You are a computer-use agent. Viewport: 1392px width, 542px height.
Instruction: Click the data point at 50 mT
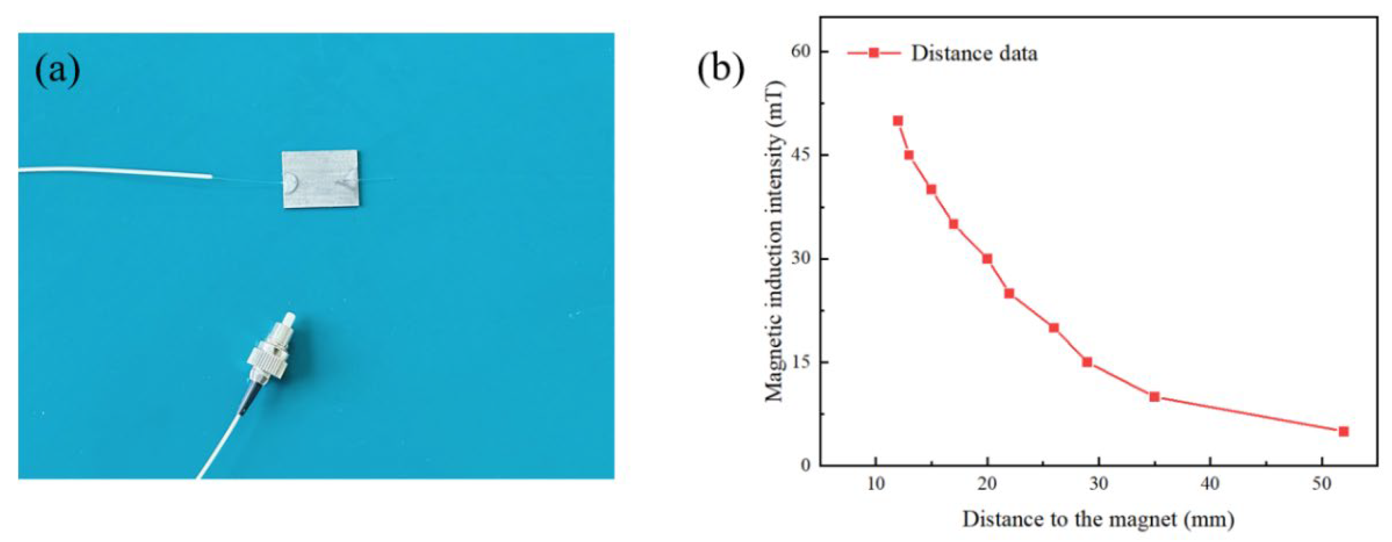(x=898, y=121)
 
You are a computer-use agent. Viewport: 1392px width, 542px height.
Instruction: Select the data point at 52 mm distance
(x=1343, y=431)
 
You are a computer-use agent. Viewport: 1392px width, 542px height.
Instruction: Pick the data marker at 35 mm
(x=1154, y=397)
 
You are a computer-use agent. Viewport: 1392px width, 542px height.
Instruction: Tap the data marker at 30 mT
(x=987, y=259)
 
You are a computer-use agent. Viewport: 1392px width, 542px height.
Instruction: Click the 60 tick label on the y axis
(x=802, y=51)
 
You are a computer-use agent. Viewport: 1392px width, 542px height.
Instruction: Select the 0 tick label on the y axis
(x=807, y=465)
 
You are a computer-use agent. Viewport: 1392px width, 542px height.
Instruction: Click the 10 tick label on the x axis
(x=875, y=484)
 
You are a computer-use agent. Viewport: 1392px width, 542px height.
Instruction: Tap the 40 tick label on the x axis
(x=1210, y=484)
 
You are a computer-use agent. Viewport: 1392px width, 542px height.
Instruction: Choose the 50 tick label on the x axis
(x=1322, y=484)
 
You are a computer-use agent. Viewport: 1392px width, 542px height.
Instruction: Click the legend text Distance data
(x=974, y=53)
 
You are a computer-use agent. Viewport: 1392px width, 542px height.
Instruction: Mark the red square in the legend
(x=873, y=53)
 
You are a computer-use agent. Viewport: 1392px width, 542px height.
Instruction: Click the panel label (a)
(x=57, y=71)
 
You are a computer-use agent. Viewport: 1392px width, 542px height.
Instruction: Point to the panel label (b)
(x=721, y=69)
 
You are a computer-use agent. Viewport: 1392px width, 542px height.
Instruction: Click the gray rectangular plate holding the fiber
(x=320, y=179)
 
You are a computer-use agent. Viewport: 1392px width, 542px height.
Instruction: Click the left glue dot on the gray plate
(x=291, y=183)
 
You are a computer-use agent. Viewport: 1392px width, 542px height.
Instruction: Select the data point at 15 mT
(x=1087, y=362)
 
